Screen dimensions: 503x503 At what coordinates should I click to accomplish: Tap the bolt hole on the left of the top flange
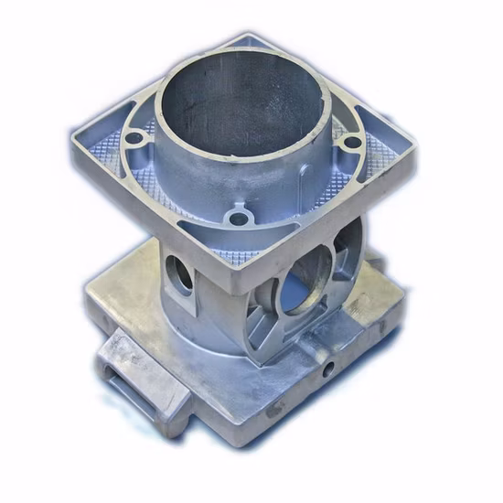pyautogui.click(x=134, y=139)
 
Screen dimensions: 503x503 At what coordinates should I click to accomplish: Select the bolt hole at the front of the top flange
pyautogui.click(x=239, y=219)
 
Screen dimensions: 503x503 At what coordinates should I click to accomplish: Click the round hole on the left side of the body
pyautogui.click(x=180, y=274)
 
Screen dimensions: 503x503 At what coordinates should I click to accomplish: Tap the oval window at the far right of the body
pyautogui.click(x=348, y=242)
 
